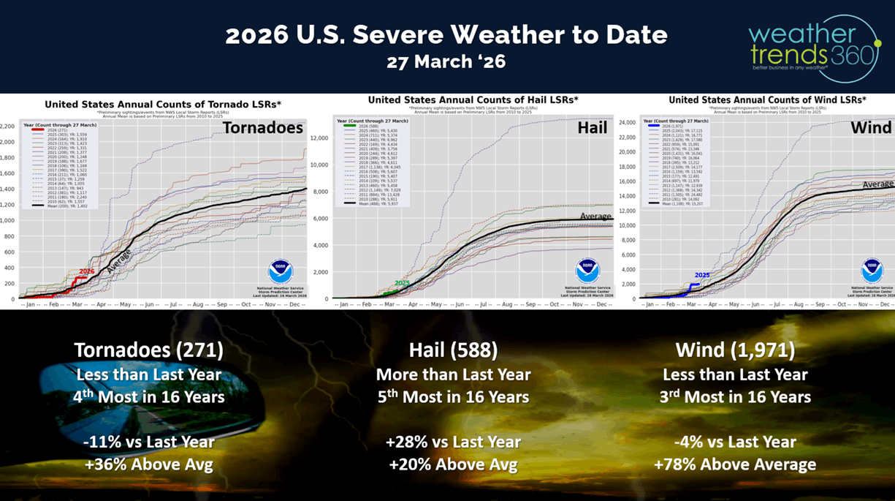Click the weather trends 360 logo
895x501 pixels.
pyautogui.click(x=813, y=47)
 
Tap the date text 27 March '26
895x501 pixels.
pyautogui.click(x=446, y=62)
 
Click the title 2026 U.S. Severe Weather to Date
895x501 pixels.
pyautogui.click(x=446, y=34)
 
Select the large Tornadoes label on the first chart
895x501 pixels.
pyautogui.click(x=262, y=128)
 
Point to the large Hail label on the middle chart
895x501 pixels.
pyautogui.click(x=592, y=128)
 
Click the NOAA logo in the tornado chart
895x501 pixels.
pyautogui.click(x=281, y=272)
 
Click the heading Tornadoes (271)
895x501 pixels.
pyautogui.click(x=148, y=350)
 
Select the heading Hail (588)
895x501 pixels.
pyautogui.click(x=453, y=350)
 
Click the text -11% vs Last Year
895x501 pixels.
pyautogui.click(x=148, y=442)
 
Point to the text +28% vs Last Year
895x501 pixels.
pyautogui.click(x=453, y=442)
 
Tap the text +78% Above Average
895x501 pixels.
pyautogui.click(x=734, y=464)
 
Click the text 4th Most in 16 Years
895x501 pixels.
pyautogui.click(x=148, y=397)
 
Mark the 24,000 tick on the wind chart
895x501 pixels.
pyautogui.click(x=628, y=122)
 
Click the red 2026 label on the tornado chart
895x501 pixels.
pyautogui.click(x=87, y=271)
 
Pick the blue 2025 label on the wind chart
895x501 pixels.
pyautogui.click(x=701, y=276)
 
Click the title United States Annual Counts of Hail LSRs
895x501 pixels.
pyautogui.click(x=473, y=99)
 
